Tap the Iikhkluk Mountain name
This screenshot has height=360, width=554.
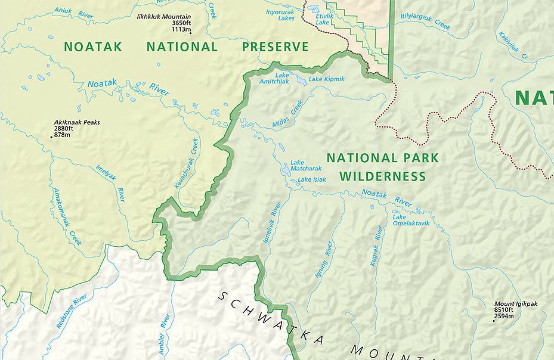[x=163, y=17]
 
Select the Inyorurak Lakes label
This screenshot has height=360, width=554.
[x=280, y=14]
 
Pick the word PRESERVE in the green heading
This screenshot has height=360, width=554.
[x=276, y=46]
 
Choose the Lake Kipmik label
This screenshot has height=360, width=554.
[x=326, y=79]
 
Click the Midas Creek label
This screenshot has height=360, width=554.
[x=288, y=113]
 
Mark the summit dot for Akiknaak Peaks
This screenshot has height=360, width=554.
[x=52, y=137]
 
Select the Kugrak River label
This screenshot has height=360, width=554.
[x=376, y=246]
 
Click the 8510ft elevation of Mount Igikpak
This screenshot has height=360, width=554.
[x=503, y=310]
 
